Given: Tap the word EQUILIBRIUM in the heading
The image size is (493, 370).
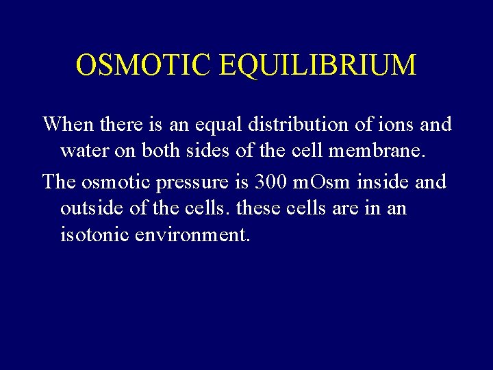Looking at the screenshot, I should point(318,65).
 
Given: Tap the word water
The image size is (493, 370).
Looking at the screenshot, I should point(85,151).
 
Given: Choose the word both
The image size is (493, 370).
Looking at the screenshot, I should point(160,151).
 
